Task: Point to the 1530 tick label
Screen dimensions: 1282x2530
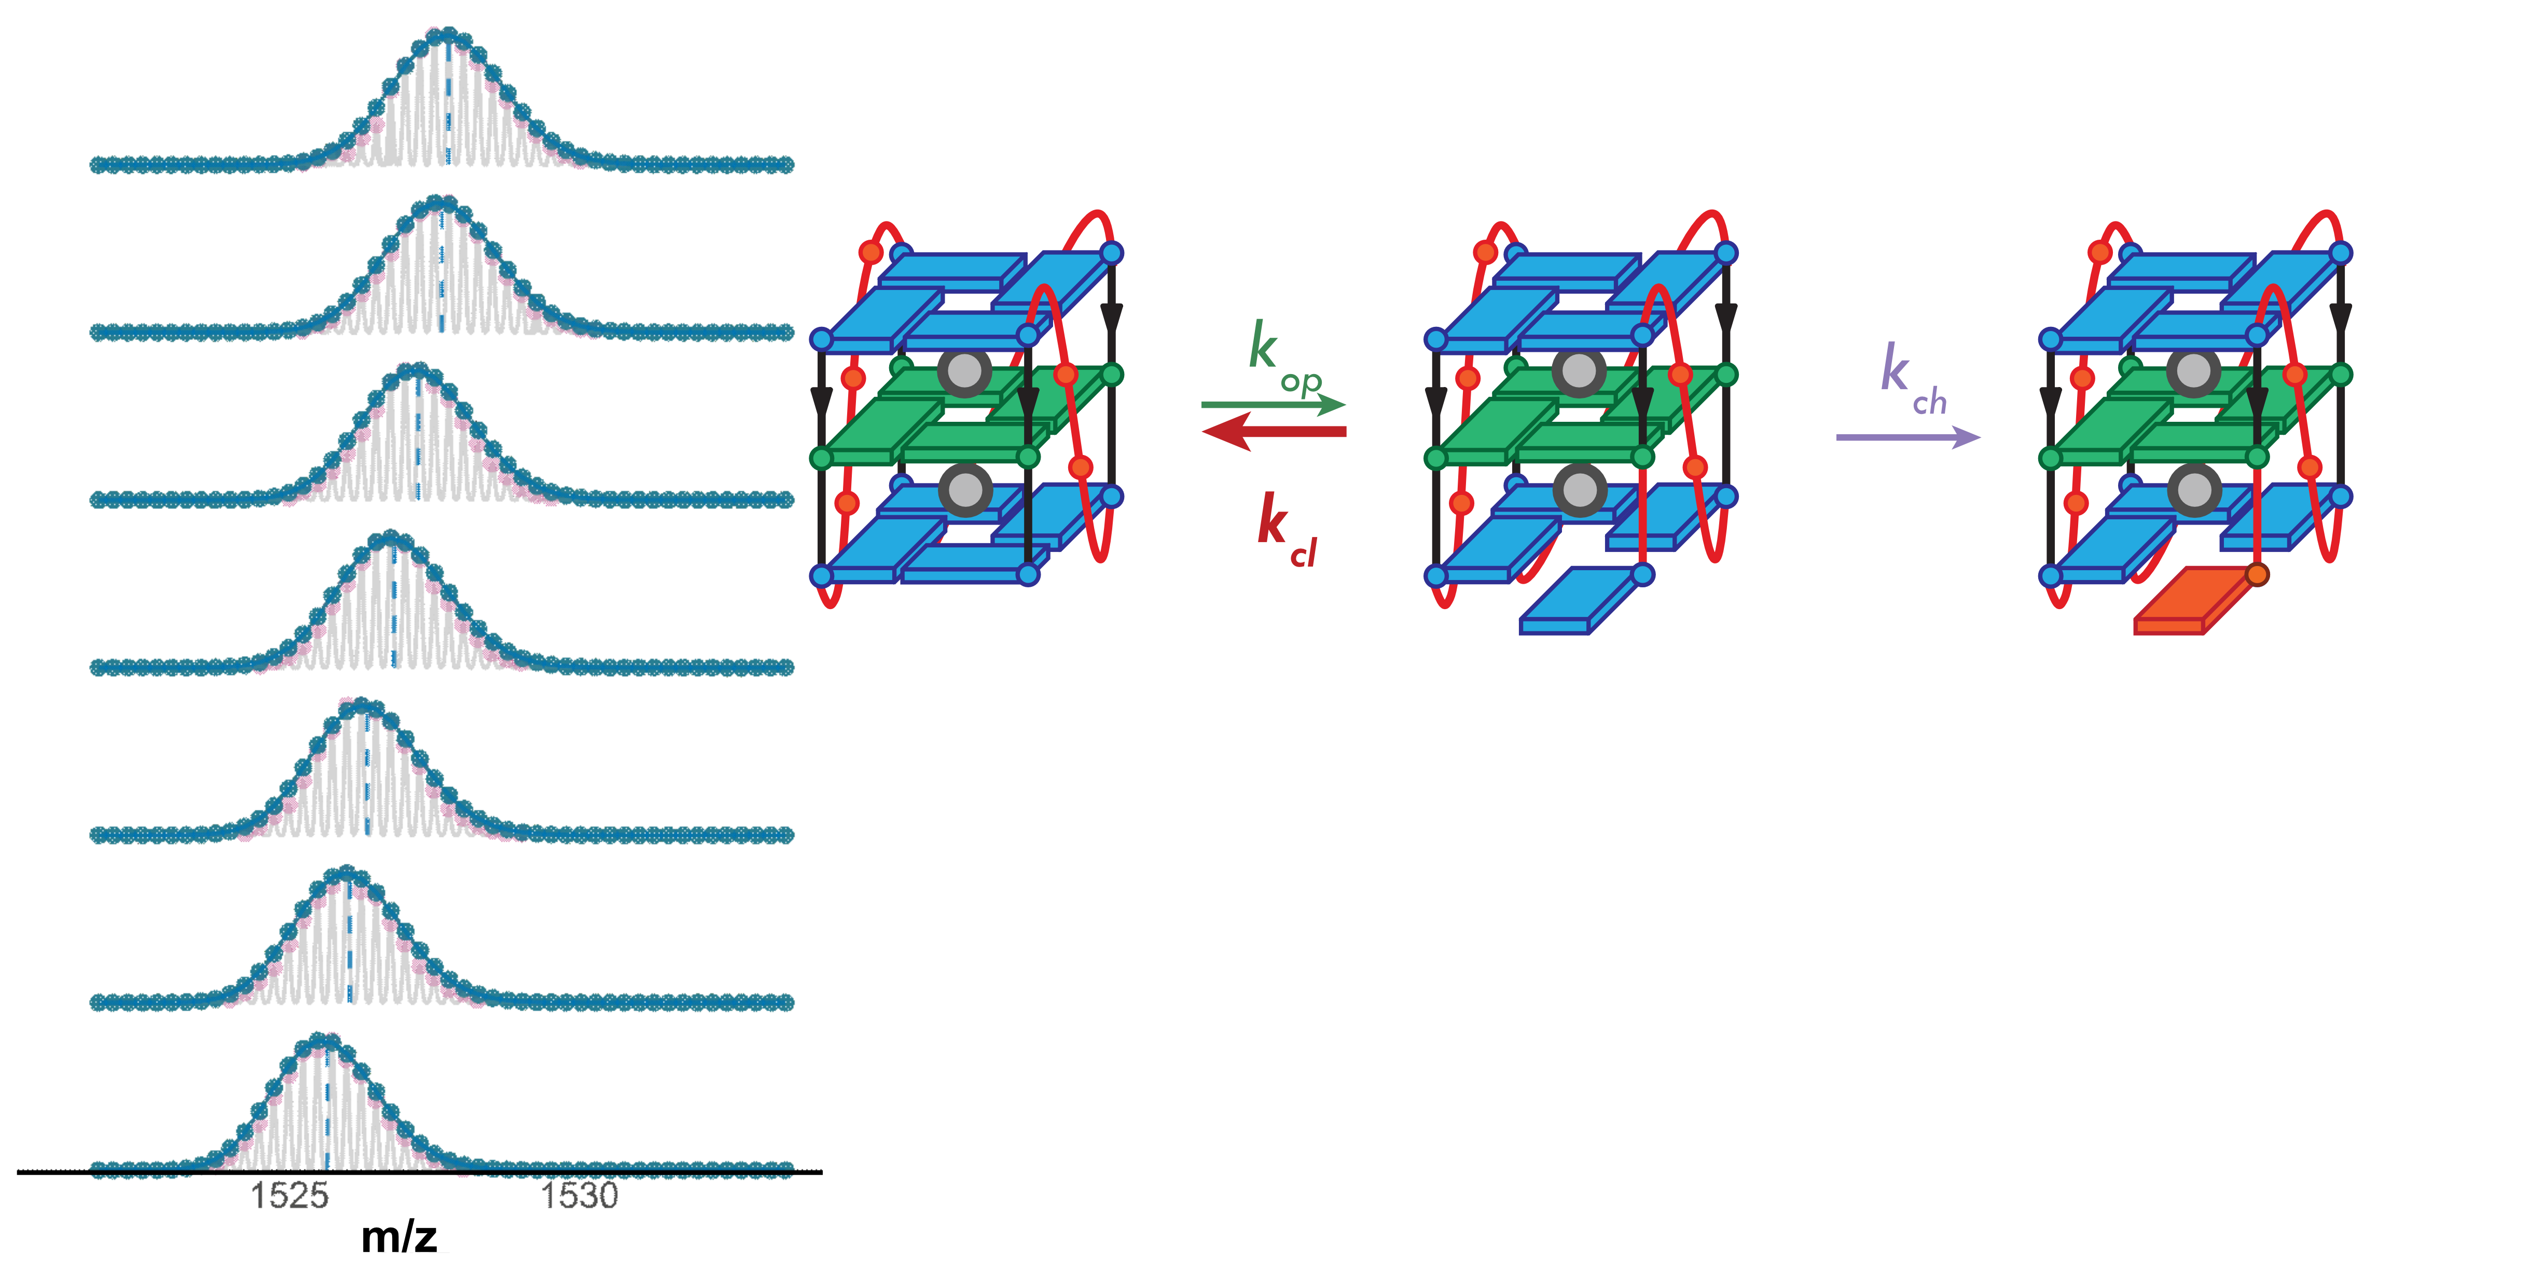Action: pos(579,1195)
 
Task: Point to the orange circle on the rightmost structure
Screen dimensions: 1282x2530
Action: pos(2257,575)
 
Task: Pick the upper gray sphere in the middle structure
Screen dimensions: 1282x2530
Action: pos(1579,371)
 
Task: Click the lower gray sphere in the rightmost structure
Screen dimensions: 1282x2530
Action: pos(2194,489)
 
